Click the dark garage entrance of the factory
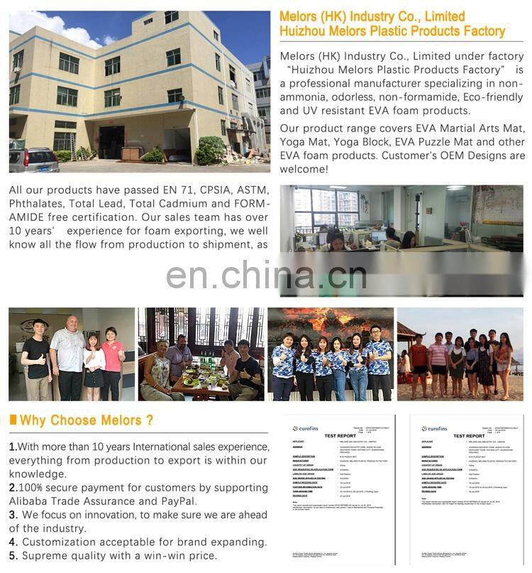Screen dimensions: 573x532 click(111, 141)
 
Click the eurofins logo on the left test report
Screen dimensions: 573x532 click(306, 429)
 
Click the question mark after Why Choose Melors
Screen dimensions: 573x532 click(150, 420)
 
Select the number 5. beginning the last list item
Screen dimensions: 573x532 click(13, 555)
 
